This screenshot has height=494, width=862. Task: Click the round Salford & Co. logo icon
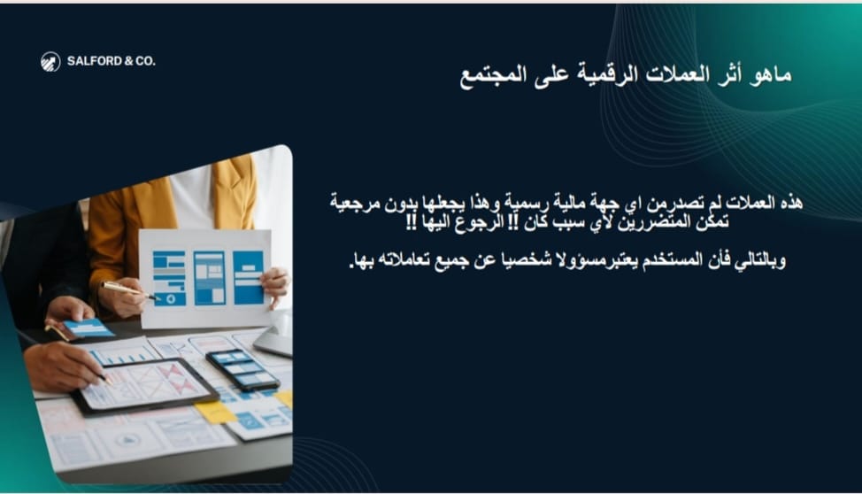(x=50, y=62)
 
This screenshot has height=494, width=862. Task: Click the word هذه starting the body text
(x=791, y=203)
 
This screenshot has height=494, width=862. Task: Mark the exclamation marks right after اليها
(x=412, y=223)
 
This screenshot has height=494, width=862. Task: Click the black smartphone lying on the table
(x=242, y=370)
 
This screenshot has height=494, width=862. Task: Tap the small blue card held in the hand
(x=88, y=328)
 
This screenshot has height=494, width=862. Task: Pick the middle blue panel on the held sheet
(x=210, y=278)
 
